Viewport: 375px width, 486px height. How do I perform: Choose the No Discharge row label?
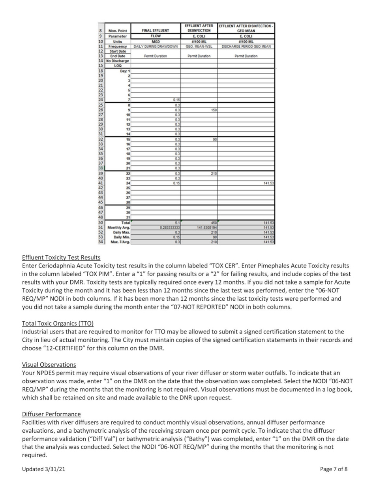point(118,61)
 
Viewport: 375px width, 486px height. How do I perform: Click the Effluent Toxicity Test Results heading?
point(61,258)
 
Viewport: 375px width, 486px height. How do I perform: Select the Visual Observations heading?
point(49,364)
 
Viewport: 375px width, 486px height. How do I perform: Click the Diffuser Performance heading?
point(51,414)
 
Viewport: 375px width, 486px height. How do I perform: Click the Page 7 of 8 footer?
point(334,469)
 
